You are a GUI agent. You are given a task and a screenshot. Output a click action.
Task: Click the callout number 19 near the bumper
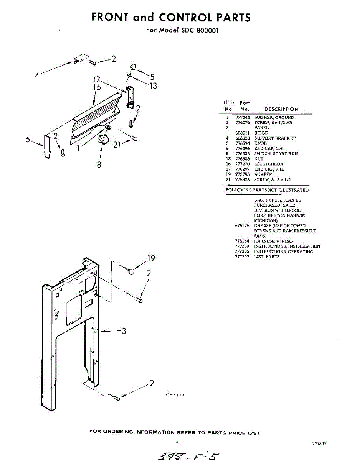151,258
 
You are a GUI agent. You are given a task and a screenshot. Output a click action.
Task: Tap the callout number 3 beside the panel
124,331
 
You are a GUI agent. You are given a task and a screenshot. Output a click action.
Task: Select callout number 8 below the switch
99,165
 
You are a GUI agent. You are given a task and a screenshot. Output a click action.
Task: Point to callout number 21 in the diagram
118,145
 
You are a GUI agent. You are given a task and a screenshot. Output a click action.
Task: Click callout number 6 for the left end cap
28,140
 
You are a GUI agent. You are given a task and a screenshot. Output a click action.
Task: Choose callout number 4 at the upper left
37,76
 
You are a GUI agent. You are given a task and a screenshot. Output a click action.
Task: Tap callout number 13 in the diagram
153,86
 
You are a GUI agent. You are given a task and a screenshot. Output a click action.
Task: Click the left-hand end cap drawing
47,146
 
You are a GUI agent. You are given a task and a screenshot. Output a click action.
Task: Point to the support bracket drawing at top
79,59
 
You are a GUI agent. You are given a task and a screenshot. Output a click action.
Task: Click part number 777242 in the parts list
242,117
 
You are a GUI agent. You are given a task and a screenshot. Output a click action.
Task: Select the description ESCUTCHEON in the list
269,164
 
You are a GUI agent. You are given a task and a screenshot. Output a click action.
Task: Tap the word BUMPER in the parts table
263,174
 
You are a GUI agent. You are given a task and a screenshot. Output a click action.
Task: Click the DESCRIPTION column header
281,109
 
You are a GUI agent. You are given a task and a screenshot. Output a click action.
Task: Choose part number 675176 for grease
242,226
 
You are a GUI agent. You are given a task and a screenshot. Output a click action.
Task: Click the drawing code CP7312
175,395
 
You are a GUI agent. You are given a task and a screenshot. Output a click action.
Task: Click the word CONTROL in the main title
186,17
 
